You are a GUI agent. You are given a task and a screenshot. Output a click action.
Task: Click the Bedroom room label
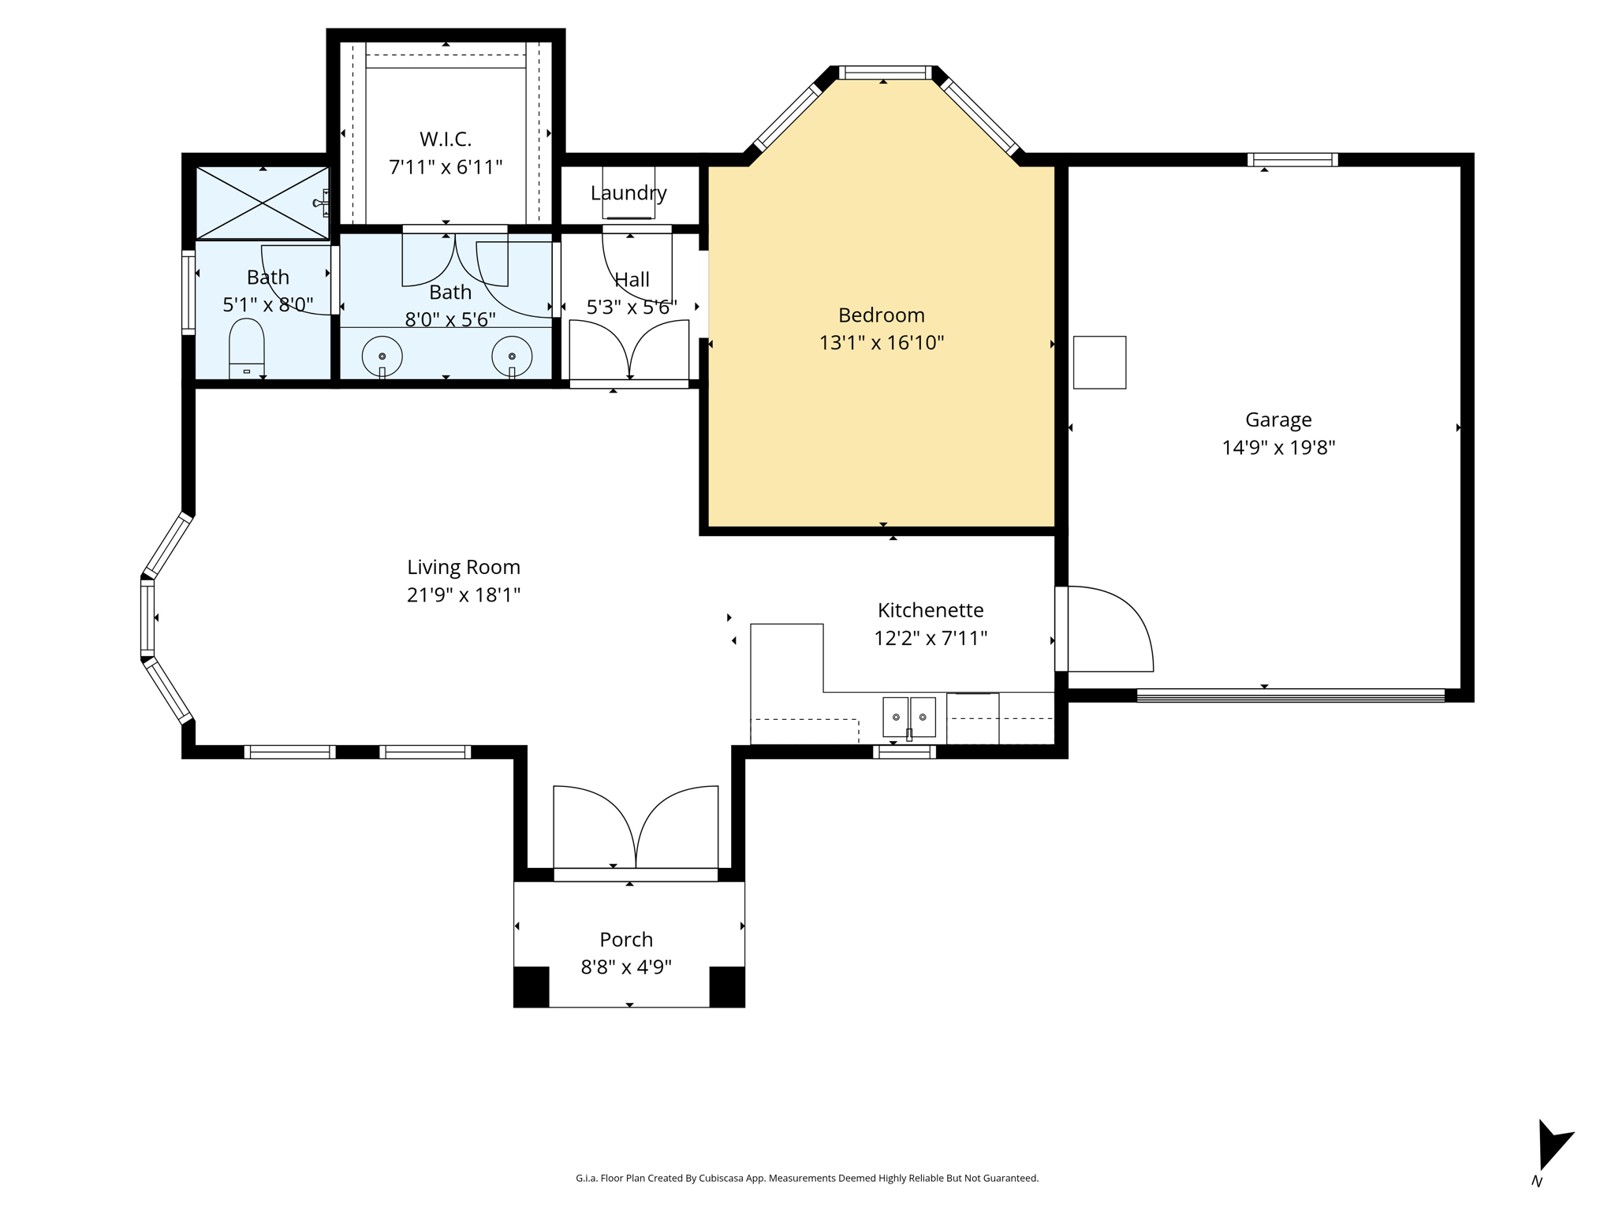881,315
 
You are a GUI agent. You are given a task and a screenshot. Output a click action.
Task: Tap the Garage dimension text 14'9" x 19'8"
1278,448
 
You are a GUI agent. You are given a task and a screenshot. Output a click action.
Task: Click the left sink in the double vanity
382,357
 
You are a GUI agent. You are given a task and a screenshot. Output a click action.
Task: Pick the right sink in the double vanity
512,357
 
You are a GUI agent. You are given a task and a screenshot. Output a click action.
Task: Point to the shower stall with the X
263,203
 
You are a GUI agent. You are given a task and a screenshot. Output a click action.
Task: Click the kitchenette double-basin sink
908,717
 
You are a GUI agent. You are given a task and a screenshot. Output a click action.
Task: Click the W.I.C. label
446,140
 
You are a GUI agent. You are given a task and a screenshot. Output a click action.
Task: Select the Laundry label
628,193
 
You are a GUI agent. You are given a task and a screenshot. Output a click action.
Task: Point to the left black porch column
531,986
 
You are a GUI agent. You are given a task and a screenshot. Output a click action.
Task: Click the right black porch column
726,986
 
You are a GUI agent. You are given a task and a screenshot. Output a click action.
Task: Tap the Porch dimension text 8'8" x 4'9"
626,967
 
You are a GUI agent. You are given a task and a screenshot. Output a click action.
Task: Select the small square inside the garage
1099,363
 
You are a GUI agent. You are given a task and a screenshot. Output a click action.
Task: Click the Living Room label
464,568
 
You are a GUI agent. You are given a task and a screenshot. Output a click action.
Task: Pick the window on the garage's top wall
1292,160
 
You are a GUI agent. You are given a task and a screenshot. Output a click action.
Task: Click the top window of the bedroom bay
884,73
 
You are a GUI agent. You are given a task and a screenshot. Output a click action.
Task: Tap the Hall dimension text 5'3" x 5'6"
632,307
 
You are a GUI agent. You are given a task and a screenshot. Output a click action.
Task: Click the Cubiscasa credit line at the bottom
807,1178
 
